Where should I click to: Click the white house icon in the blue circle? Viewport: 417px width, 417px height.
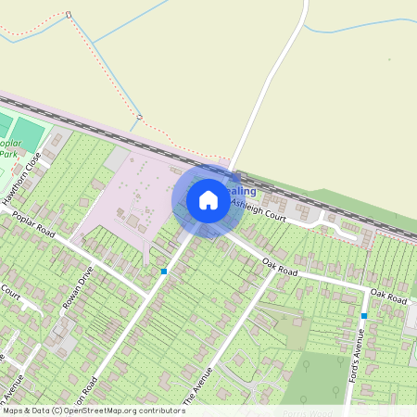coord(208,199)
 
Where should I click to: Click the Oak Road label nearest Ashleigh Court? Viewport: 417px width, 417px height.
coord(279,267)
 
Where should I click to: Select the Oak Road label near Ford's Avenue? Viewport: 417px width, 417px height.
coord(388,297)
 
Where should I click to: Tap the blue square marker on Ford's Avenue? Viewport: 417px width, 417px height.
coord(364,316)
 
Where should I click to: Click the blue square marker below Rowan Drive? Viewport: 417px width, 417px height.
coord(163,272)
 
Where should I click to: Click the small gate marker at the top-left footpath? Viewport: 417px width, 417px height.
coord(69,15)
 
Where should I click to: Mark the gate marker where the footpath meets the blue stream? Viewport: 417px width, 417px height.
coord(140,117)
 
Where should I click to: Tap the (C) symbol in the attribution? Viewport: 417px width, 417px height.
coord(57,411)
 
